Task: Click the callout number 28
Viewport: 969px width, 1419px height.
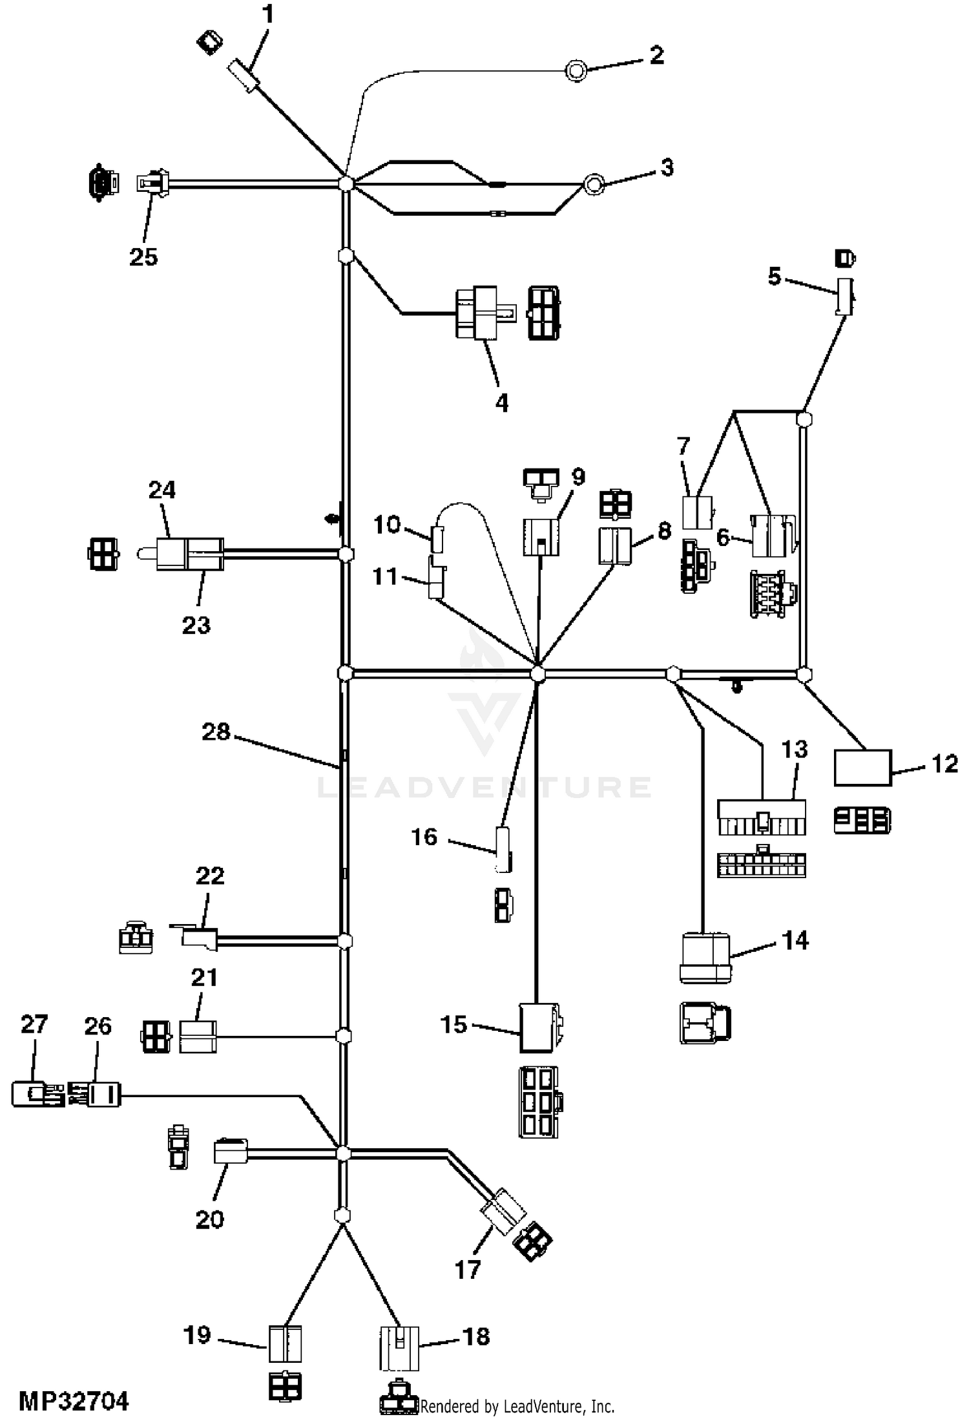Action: [x=216, y=731]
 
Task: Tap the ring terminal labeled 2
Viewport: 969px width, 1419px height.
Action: [x=576, y=70]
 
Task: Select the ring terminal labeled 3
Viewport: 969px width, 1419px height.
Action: [x=593, y=184]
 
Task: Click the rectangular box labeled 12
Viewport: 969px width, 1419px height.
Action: [x=862, y=768]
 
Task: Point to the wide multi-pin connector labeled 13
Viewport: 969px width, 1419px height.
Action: [x=762, y=817]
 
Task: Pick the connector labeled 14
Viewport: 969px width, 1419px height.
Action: [x=705, y=958]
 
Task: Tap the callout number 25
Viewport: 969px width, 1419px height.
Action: [x=143, y=257]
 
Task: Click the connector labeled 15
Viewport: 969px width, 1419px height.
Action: [x=539, y=1027]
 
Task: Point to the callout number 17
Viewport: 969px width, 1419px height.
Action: [x=468, y=1270]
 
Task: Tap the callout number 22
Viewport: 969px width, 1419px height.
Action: [x=210, y=876]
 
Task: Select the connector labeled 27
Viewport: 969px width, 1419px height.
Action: [x=37, y=1094]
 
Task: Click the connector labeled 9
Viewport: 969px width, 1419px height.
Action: [x=541, y=536]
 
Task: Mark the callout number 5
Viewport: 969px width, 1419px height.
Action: [x=774, y=277]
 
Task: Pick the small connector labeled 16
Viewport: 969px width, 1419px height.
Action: [x=503, y=848]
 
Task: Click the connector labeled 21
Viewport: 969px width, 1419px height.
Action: [x=198, y=1036]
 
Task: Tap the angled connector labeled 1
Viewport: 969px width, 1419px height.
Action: [x=244, y=75]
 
